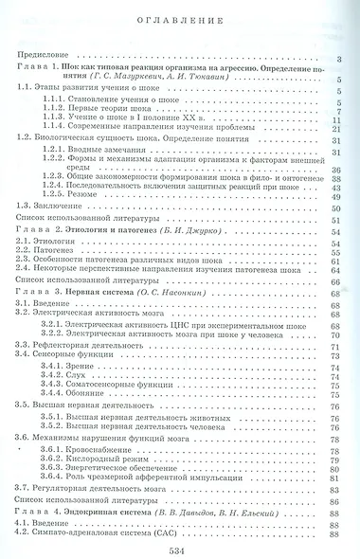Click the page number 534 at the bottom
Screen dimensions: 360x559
180,550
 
